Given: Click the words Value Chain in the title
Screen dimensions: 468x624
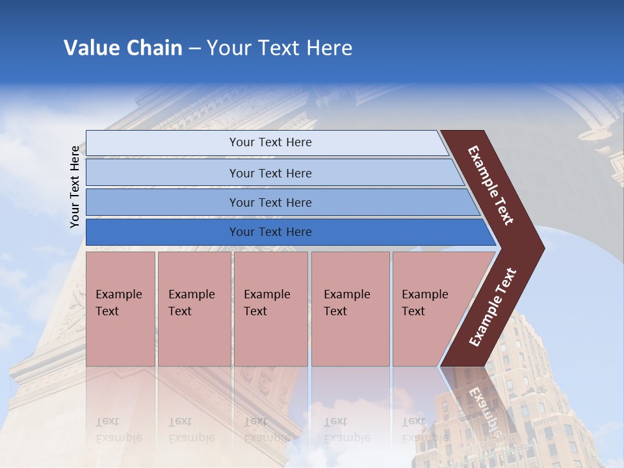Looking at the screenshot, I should coord(123,48).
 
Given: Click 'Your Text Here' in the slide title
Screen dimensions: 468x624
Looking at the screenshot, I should coord(279,48).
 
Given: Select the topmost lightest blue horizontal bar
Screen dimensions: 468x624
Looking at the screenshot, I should coord(162,142).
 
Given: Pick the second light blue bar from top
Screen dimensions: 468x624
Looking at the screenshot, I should coord(162,173).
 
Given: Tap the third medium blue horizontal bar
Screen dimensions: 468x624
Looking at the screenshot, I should coord(162,202).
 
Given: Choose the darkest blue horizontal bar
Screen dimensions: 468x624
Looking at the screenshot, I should coord(162,232).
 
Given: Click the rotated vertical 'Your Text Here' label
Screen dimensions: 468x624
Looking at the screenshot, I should coord(75,187).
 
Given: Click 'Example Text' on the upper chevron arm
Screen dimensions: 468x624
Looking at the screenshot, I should coord(491,186).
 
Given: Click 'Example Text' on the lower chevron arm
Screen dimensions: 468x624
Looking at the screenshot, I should coord(493,307).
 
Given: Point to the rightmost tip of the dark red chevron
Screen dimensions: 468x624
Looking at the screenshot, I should coord(543,248).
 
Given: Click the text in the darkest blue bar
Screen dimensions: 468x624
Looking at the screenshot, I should coord(270,232).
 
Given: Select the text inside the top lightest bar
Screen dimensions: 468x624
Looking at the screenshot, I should coord(270,142).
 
